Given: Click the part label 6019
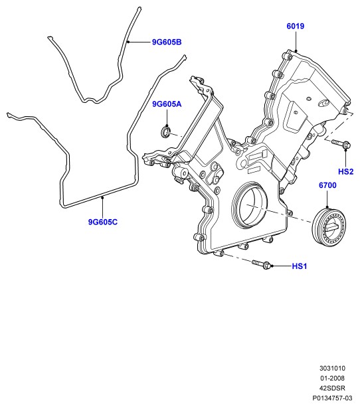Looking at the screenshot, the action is click(x=296, y=26).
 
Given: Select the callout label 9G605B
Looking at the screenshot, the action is click(x=167, y=42).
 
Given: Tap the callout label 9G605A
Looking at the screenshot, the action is click(x=167, y=104).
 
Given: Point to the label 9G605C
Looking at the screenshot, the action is click(x=103, y=222).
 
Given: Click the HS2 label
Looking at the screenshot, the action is click(x=345, y=171).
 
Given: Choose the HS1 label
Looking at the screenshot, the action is click(x=299, y=266).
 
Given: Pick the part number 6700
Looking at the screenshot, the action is click(x=327, y=185).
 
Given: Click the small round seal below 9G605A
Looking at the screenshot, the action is click(x=165, y=131).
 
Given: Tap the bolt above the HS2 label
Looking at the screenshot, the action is click(x=341, y=143).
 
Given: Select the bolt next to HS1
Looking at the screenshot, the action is click(x=260, y=264).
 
